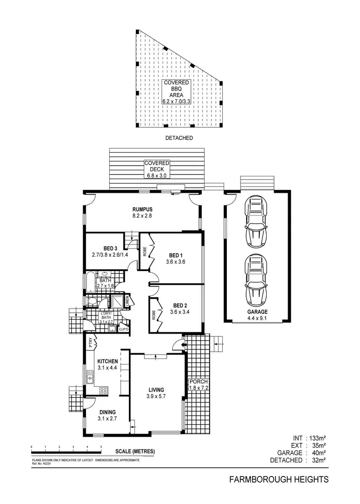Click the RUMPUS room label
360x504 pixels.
[142, 210]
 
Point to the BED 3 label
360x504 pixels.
[111, 248]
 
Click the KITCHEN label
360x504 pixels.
[107, 361]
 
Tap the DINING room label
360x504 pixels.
[107, 412]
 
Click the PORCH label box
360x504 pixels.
[198, 385]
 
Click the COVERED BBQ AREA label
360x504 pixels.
[176, 91]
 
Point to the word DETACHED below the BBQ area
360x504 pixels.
[179, 138]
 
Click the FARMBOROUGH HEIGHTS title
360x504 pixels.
[279, 479]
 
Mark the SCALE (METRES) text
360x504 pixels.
[135, 452]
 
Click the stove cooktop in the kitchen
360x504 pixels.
[103, 391]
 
